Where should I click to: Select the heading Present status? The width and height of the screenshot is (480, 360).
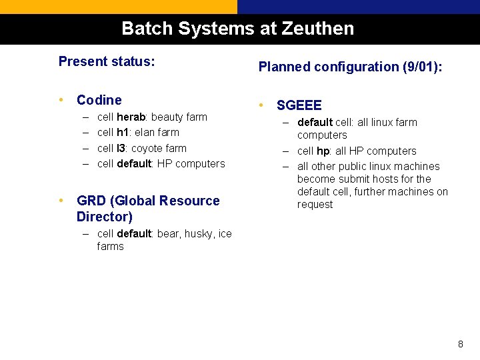pos(107,62)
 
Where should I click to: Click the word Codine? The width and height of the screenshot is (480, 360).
pos(99,100)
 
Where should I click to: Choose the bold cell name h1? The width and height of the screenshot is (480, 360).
pos(123,133)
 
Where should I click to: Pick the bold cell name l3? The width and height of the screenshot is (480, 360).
pos(122,148)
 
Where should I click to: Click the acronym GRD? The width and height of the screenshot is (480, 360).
pos(91,201)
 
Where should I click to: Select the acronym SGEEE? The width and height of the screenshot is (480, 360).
pos(299,105)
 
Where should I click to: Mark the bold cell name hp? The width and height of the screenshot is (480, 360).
pos(323,151)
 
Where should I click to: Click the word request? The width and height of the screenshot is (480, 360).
pos(315,205)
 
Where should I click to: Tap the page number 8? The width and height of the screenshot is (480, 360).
pos(460,345)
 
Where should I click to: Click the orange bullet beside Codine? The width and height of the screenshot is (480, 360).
pos(62,100)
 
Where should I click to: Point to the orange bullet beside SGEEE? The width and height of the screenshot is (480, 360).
pos(263,105)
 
